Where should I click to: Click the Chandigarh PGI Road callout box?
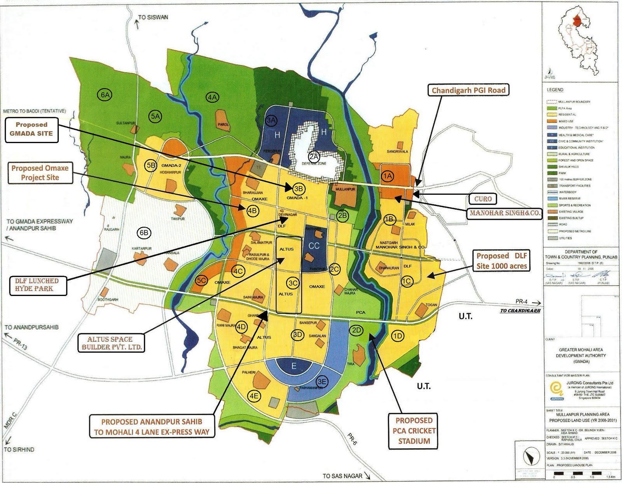coord(468,90)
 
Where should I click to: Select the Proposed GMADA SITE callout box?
coord(31,129)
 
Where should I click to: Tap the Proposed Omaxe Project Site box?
coord(40,173)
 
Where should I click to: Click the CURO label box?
coord(483,199)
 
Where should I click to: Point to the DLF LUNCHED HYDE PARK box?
coord(37,285)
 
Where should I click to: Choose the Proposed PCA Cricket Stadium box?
coord(414,431)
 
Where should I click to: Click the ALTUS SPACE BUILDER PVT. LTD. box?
coord(111,343)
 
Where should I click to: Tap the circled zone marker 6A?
coord(105,95)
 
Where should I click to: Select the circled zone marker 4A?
coord(212,97)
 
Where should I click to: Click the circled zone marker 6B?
coord(144,233)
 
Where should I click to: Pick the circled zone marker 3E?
coord(322,381)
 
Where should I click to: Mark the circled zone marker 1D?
coord(397,336)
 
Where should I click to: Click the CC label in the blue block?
coord(314,246)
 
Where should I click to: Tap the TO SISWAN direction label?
coord(153,17)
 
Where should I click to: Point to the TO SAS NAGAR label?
coord(342,476)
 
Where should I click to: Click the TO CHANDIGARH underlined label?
coord(520,311)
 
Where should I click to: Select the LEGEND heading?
coord(555,90)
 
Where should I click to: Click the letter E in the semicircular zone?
coord(294,366)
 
